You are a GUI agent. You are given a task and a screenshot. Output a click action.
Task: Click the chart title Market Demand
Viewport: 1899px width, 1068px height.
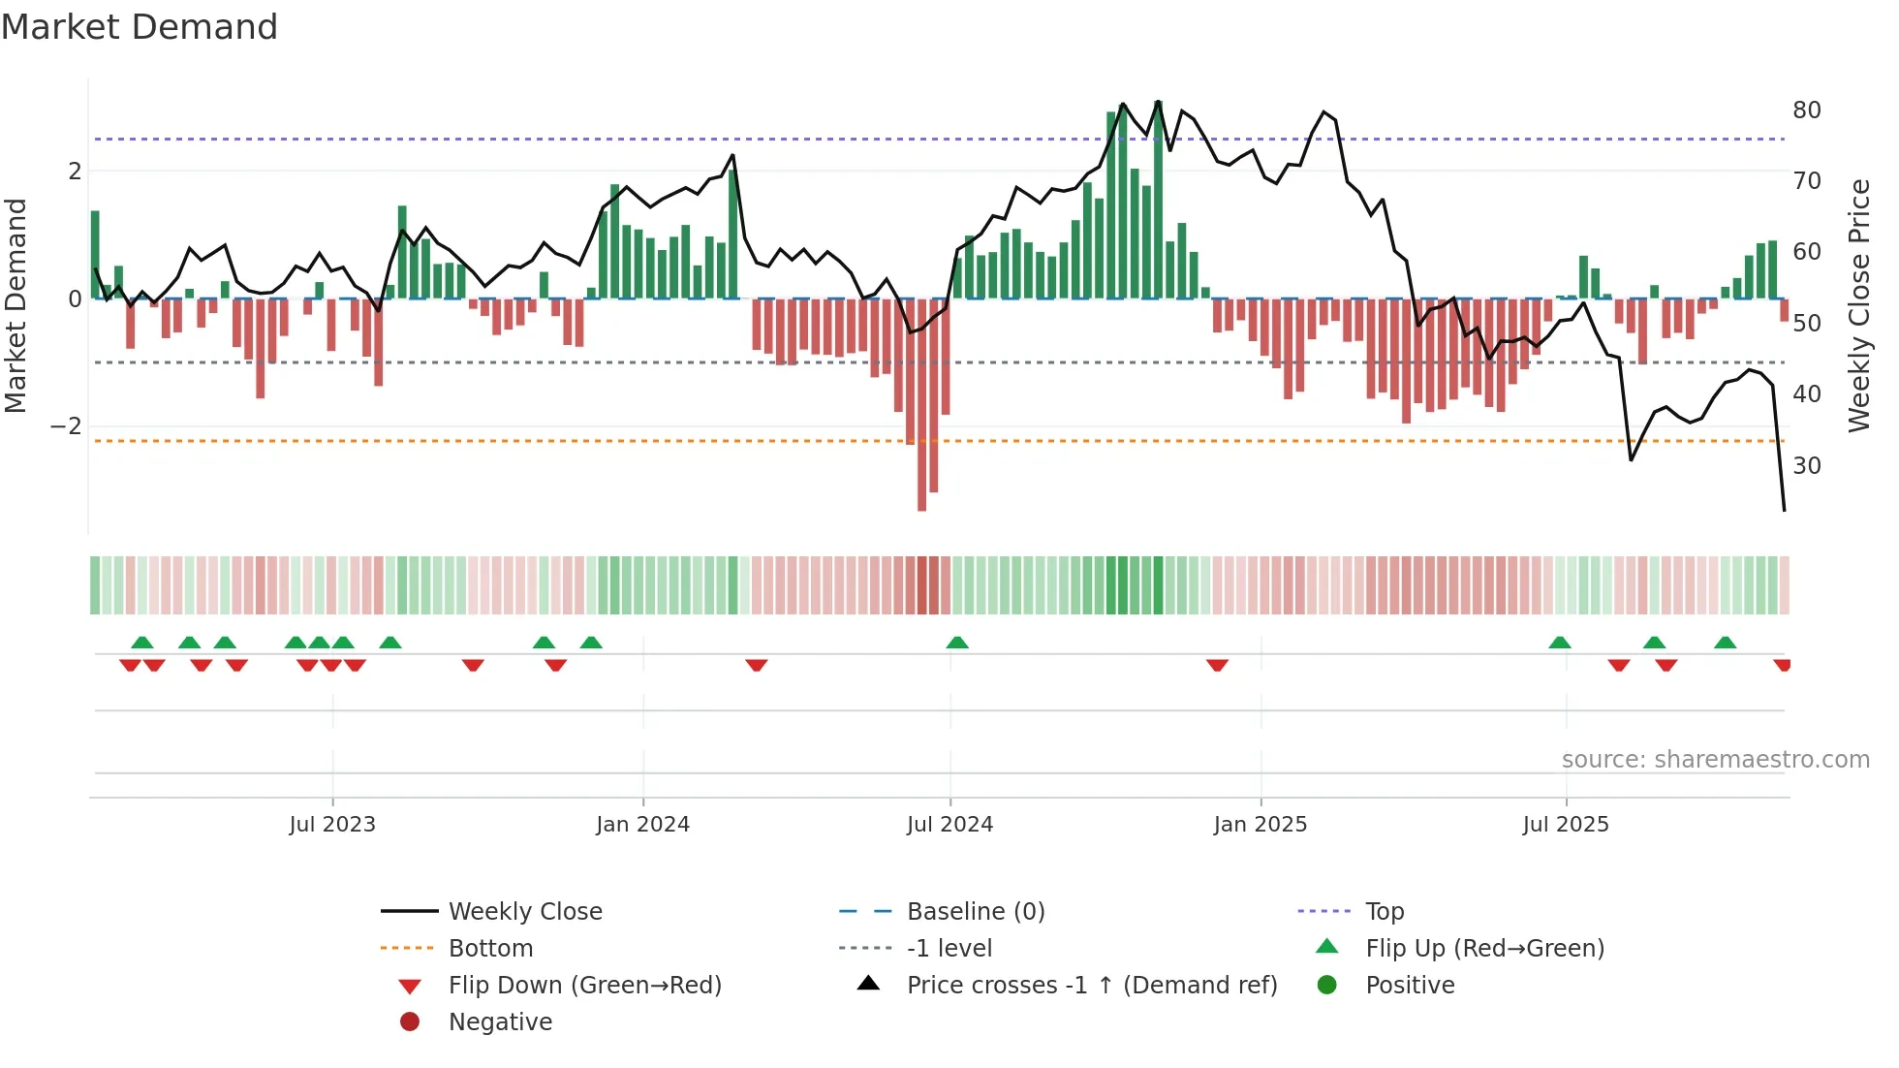point(140,27)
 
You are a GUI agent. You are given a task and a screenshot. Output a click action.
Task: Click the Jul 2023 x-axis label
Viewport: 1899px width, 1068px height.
point(332,825)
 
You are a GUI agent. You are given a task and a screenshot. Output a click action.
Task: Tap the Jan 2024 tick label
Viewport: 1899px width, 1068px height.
point(642,825)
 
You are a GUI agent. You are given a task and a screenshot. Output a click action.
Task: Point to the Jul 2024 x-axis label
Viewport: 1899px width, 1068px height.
point(949,825)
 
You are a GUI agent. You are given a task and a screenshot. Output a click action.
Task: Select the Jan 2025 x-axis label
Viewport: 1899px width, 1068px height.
point(1260,825)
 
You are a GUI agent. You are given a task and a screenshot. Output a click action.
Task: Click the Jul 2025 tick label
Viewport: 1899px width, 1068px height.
point(1565,825)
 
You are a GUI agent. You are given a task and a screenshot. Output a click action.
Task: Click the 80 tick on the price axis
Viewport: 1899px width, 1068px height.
point(1806,110)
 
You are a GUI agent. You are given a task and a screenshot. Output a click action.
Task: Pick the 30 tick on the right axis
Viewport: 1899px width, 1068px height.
point(1806,466)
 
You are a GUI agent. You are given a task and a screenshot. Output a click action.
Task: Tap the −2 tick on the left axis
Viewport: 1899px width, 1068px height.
point(66,426)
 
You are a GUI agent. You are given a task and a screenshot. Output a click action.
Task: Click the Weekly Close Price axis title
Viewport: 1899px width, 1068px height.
point(1858,305)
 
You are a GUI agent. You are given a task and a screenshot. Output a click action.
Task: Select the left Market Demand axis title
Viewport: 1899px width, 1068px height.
point(16,305)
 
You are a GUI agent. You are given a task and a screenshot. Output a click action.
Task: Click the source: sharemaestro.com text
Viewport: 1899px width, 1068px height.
point(1715,760)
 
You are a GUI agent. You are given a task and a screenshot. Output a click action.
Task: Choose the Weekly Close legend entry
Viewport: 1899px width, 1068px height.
point(525,912)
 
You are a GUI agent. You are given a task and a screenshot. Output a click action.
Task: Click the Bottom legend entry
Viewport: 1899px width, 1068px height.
point(490,949)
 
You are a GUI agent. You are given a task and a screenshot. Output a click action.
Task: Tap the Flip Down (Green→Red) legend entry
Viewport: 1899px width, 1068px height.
point(584,986)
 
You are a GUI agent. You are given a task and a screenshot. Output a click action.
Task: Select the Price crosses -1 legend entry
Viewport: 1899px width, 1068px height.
point(1092,986)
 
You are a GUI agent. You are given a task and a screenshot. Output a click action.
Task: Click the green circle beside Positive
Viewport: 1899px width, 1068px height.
point(1327,986)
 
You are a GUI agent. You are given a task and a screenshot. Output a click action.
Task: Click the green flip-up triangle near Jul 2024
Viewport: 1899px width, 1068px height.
point(957,643)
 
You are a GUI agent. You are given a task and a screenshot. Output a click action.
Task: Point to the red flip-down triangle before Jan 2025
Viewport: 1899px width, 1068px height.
point(1217,665)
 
